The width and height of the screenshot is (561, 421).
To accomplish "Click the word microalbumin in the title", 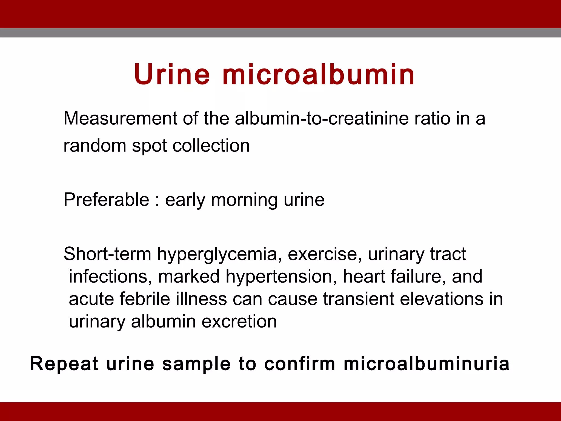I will pyautogui.click(x=319, y=75).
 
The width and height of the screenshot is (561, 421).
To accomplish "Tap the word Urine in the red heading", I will pyautogui.click(x=172, y=75).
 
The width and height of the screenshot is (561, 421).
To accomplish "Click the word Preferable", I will pyautogui.click(x=106, y=200).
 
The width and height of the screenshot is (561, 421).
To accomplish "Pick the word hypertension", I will pyautogui.click(x=281, y=277).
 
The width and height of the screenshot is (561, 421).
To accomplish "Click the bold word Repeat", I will pyautogui.click(x=64, y=364).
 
